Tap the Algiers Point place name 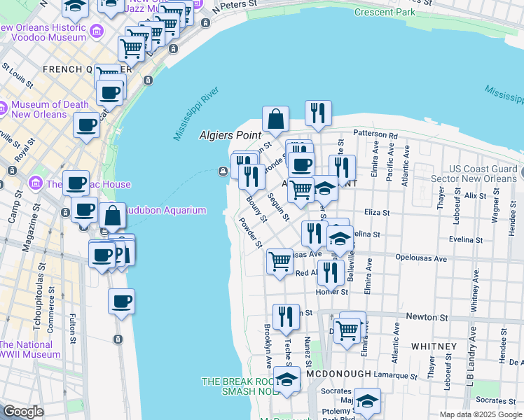click(230, 134)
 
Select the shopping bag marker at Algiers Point click(276, 120)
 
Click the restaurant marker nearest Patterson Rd click(318, 114)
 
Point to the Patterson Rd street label click(375, 134)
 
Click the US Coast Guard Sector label click(483, 174)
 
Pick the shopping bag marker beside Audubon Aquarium click(112, 217)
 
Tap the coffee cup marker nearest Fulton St click(121, 302)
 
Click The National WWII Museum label click(31, 349)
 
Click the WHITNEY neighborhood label click(434, 346)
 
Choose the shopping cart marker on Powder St click(280, 262)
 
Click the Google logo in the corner click(23, 412)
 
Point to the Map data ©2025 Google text click(481, 414)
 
